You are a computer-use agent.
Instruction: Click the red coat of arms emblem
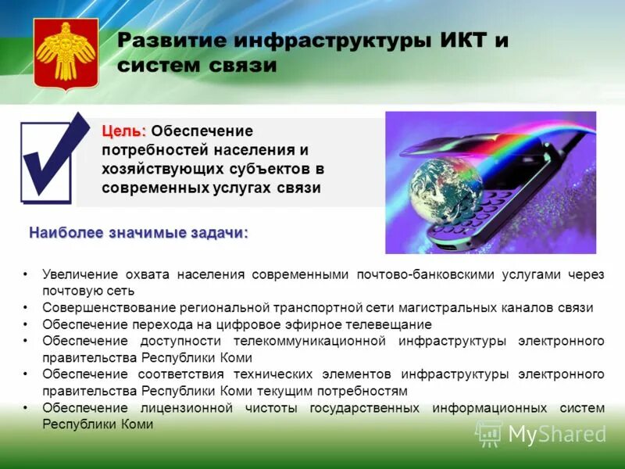(66, 52)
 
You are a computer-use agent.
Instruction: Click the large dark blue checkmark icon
(53, 156)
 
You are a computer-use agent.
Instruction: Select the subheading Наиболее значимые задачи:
(138, 233)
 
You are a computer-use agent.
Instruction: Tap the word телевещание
(394, 324)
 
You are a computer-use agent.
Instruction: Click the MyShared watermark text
(557, 433)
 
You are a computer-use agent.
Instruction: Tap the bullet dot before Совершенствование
(25, 307)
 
